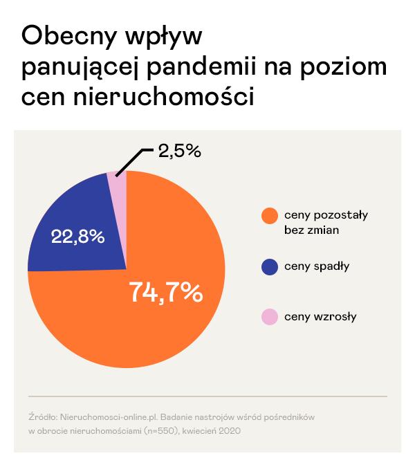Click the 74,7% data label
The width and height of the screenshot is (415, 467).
click(165, 293)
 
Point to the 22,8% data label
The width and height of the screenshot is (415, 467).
click(78, 237)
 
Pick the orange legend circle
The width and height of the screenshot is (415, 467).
click(269, 215)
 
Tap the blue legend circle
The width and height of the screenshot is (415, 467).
click(269, 266)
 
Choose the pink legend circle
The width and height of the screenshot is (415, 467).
click(269, 317)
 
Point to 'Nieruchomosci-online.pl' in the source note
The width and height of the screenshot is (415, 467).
click(103, 418)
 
